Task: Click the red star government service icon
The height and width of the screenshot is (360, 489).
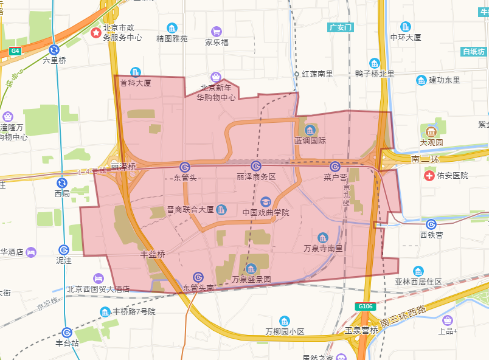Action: [x=96, y=32]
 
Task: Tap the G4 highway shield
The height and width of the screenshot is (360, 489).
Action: [x=15, y=52]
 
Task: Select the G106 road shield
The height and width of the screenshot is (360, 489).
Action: [x=365, y=307]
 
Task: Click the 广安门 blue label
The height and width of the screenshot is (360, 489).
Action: [x=340, y=27]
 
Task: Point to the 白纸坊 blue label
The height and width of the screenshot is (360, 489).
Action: [x=473, y=52]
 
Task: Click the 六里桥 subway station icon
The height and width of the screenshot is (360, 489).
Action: [x=54, y=50]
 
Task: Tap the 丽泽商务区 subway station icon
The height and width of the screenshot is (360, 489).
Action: [x=256, y=166]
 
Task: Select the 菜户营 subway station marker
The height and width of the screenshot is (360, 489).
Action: [x=335, y=167]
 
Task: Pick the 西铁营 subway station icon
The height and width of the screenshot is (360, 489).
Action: [x=431, y=224]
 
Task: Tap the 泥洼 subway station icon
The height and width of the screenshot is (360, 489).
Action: [x=64, y=249]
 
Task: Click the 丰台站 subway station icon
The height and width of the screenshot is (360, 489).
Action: [x=67, y=332]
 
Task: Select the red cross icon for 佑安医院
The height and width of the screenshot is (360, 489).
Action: [x=430, y=175]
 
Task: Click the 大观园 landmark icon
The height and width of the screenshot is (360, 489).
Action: [x=431, y=131]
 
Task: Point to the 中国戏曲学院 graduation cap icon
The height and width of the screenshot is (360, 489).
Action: [x=265, y=202]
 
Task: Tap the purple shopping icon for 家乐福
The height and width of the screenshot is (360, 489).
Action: [x=217, y=32]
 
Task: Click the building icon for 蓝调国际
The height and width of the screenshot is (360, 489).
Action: [x=310, y=130]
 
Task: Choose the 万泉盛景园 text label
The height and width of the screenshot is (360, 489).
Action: [x=251, y=280]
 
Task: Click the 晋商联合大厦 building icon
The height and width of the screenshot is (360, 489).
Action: [x=221, y=210]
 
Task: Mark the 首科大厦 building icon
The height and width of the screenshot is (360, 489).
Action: [x=135, y=72]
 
